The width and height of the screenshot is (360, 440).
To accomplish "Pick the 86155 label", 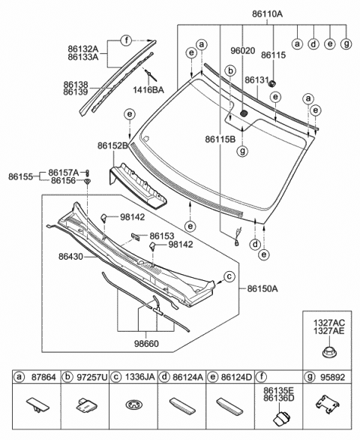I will (x=20, y=176).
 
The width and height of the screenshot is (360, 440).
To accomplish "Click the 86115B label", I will (x=220, y=139).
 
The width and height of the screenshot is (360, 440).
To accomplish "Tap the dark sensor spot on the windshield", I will (x=244, y=113).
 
